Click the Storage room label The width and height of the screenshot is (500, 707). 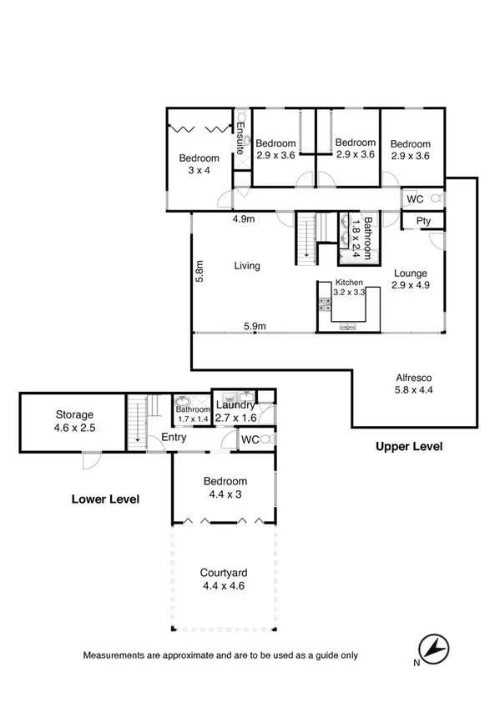click(x=74, y=420)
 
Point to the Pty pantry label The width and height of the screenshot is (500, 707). click(x=423, y=221)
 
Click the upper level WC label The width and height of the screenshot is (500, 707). click(x=415, y=199)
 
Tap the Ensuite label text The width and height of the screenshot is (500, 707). click(x=240, y=138)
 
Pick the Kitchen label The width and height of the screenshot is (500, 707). click(x=350, y=283)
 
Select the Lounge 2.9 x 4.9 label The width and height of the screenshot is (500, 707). click(x=409, y=278)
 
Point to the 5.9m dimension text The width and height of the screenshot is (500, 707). click(x=255, y=327)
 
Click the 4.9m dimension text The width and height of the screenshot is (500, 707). click(x=243, y=219)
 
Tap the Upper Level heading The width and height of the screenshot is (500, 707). click(x=408, y=447)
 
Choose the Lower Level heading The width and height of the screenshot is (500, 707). click(x=104, y=499)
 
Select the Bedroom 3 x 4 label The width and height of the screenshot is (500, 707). click(x=199, y=164)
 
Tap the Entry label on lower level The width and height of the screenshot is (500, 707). click(x=174, y=438)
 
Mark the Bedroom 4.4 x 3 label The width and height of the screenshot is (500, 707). click(x=223, y=488)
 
